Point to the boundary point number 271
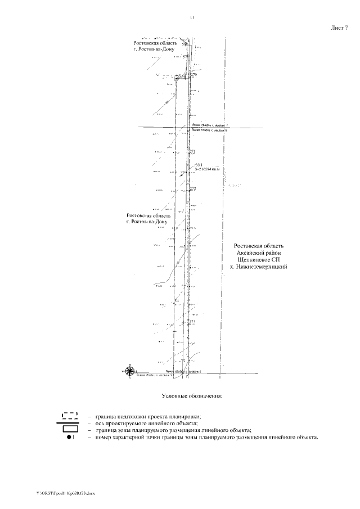pos(193,152)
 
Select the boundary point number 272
pos(193,188)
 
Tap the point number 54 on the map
pos(177,301)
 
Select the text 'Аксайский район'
pos(263,253)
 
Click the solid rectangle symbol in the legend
pos(69,430)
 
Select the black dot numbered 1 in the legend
pos(68,438)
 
